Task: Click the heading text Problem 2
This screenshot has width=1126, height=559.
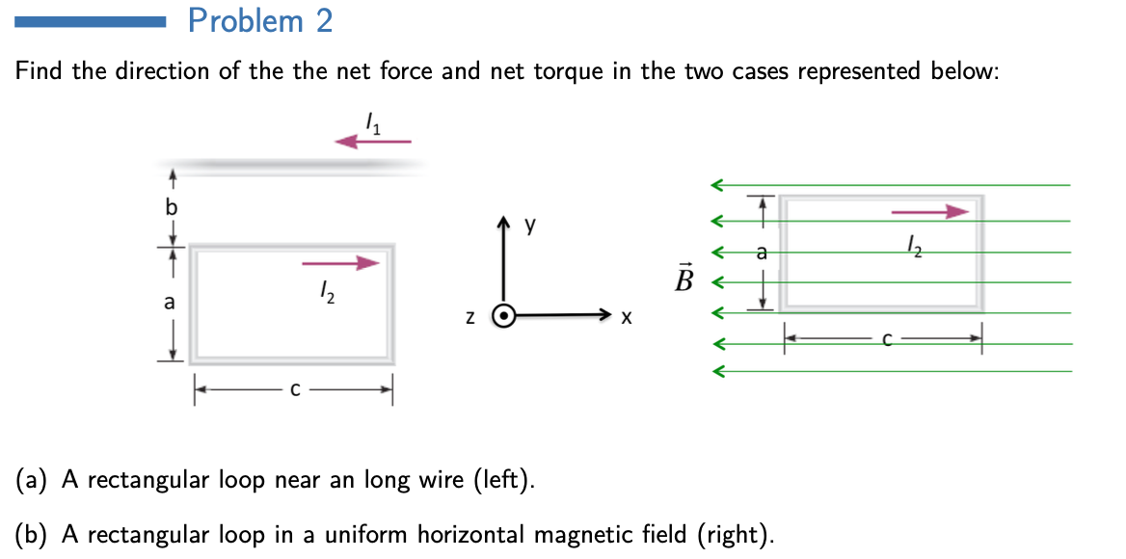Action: point(260,20)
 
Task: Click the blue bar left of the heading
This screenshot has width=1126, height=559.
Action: point(92,20)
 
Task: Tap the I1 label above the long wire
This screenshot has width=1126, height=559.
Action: point(374,122)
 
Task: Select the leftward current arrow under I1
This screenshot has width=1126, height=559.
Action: point(373,142)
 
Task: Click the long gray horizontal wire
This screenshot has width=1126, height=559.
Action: point(289,166)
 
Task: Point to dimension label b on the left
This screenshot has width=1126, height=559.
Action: point(172,206)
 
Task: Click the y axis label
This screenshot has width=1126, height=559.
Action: point(530,226)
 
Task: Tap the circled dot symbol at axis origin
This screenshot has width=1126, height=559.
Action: point(503,315)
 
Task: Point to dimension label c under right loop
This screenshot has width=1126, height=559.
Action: point(885,338)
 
